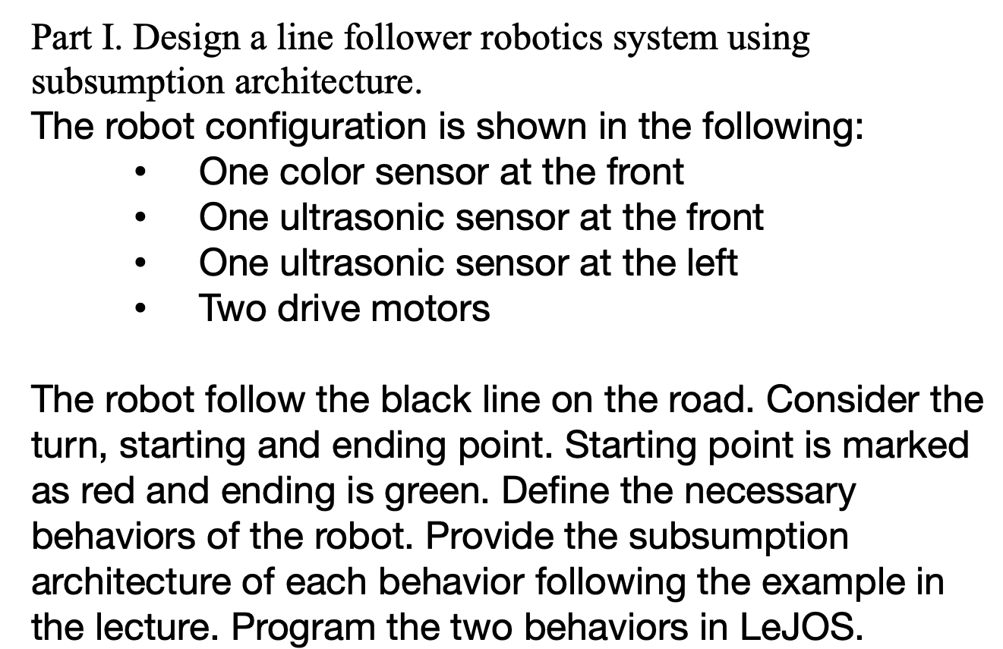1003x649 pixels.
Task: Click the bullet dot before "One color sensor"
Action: coord(137,173)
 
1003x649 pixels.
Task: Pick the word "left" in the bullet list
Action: coord(710,263)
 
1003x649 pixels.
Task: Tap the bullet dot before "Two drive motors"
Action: coord(137,310)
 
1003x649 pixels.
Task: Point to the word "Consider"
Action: coord(849,399)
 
